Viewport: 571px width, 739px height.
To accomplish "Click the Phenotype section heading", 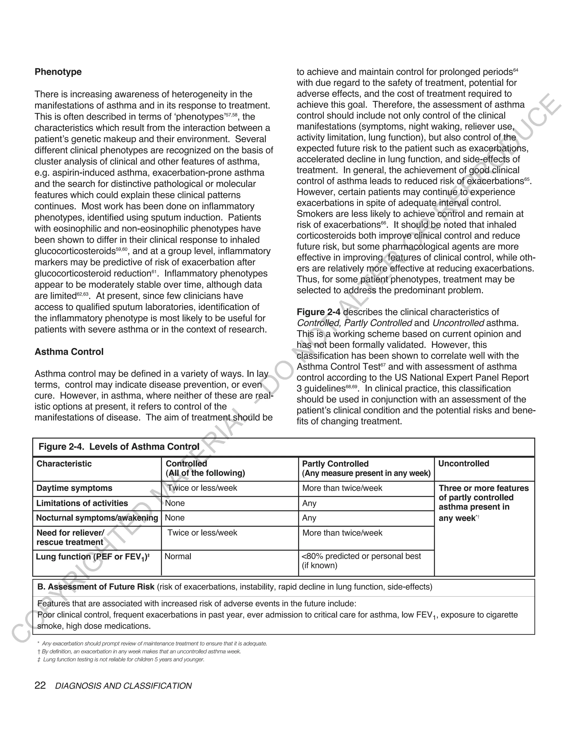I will tap(58, 72).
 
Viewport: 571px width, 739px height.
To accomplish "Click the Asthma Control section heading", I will tap(69, 352).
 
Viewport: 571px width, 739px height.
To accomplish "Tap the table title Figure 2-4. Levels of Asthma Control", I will tap(119, 447).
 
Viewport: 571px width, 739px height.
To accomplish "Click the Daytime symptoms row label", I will tap(74, 488).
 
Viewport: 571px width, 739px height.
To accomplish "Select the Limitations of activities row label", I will tap(82, 503).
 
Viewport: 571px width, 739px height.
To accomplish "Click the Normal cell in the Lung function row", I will tap(178, 556).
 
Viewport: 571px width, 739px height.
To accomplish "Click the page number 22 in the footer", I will tap(40, 685).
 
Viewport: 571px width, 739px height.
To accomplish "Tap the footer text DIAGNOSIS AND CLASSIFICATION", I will tap(124, 686).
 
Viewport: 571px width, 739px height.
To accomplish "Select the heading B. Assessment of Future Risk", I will tap(96, 587).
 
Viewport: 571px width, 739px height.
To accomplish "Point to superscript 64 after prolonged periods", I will tap(516, 70).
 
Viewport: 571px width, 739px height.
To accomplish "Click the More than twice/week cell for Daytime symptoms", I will tap(342, 488).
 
